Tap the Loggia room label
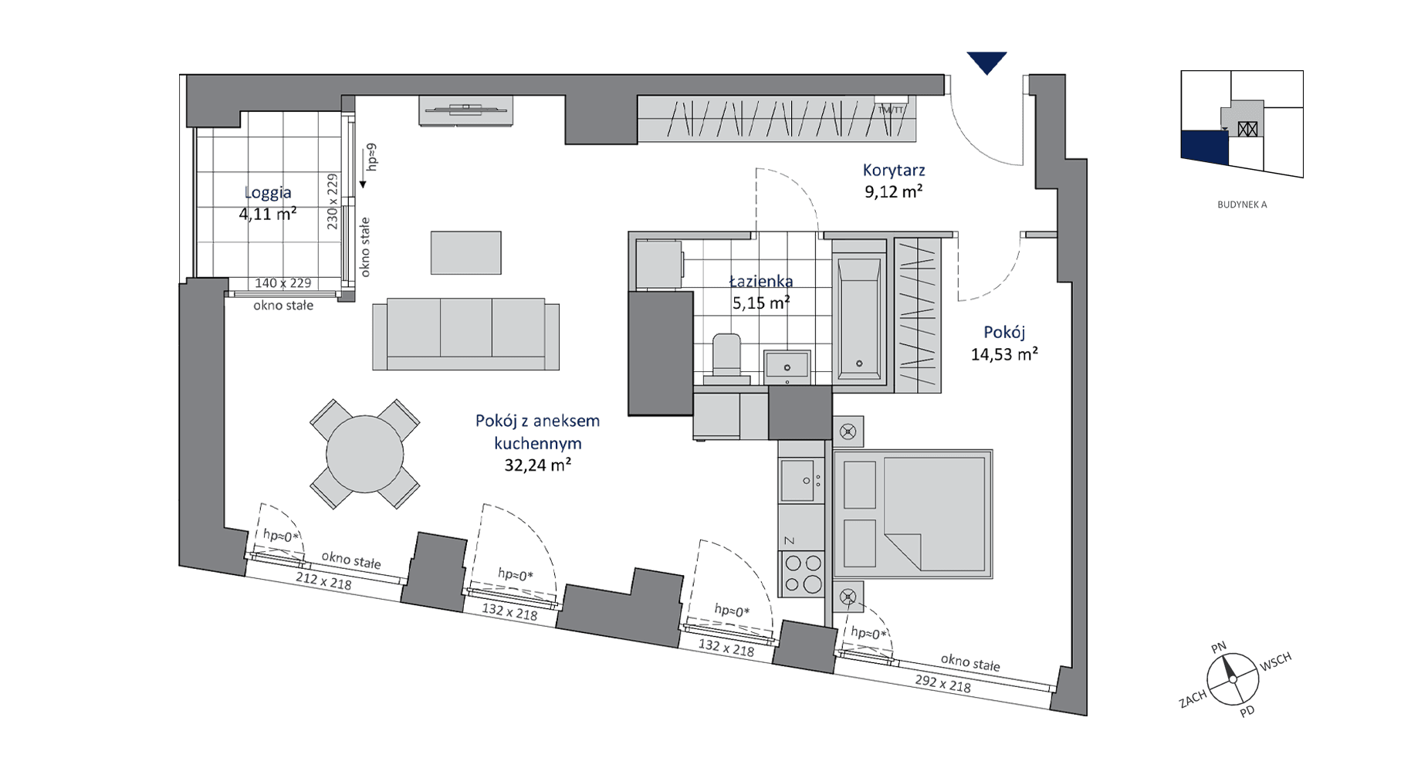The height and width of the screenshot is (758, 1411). click(x=268, y=193)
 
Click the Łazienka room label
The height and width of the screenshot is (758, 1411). click(x=761, y=282)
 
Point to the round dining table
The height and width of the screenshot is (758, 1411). click(x=364, y=455)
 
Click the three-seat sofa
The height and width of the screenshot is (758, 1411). click(x=465, y=335)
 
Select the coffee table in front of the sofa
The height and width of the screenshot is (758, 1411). click(x=465, y=252)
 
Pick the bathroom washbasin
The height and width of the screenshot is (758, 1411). click(x=787, y=366)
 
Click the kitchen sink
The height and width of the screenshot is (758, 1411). click(x=801, y=480)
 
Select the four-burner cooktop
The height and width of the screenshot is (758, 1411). click(x=803, y=574)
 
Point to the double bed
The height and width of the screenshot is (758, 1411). click(x=912, y=514)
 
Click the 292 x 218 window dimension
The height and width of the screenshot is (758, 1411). click(x=942, y=683)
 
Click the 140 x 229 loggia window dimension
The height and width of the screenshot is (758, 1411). click(x=283, y=283)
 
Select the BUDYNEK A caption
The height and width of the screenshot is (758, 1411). click(x=1242, y=205)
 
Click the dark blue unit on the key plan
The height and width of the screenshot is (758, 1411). click(x=1204, y=147)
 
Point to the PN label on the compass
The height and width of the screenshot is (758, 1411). click(x=1218, y=648)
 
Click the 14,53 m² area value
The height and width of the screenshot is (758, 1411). click(x=1004, y=355)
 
